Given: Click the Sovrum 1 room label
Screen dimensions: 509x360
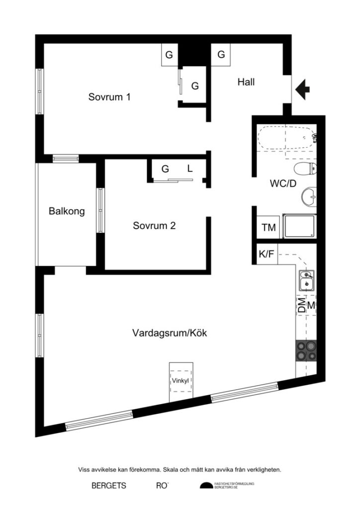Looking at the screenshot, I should tap(109, 97).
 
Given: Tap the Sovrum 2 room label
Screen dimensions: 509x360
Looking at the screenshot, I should tap(154, 226).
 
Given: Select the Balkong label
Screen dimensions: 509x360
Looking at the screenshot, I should tap(67, 211).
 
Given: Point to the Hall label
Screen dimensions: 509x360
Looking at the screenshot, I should tap(246, 82).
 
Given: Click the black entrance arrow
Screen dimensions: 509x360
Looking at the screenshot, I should tap(302, 89).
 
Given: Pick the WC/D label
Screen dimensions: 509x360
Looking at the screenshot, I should tap(283, 183).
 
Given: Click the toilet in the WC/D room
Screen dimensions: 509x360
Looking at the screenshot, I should tap(305, 168).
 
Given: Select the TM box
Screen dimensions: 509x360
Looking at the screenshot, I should tap(269, 228).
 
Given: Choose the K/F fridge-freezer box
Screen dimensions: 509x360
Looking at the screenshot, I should tap(266, 254).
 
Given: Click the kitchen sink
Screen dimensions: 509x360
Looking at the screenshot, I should tap(306, 280).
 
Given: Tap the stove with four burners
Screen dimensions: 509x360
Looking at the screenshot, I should tap(306, 350).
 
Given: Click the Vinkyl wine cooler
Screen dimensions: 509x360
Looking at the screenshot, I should tap(181, 382).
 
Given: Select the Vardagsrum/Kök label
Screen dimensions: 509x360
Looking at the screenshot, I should tap(170, 333).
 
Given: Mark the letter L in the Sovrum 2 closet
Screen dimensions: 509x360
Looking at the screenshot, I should tap(189, 169).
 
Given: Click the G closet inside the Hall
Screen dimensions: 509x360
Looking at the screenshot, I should tap(221, 55).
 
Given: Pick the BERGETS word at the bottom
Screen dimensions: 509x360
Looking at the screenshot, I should tap(108, 486).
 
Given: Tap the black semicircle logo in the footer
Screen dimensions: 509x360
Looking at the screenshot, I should tap(206, 486).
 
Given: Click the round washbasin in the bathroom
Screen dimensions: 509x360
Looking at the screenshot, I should tap(309, 197).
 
